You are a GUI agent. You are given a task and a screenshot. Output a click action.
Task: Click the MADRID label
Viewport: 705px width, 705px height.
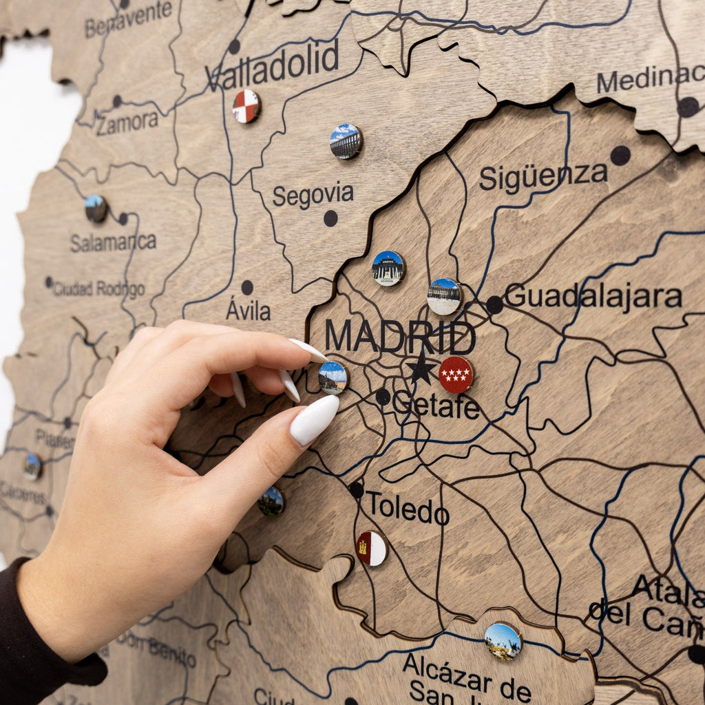pos(399,337)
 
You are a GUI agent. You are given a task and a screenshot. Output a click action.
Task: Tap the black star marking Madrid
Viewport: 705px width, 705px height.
pos(420,370)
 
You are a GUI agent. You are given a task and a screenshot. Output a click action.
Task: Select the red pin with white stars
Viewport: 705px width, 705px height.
pos(456,375)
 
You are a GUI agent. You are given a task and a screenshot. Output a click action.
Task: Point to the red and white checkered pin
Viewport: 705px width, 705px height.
pos(246,106)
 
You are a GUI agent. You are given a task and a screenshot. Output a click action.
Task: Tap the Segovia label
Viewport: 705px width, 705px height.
pos(313,196)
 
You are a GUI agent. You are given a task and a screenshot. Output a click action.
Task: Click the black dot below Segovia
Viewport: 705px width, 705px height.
pos(330,218)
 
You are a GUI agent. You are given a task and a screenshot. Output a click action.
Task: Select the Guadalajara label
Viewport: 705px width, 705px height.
pos(593,297)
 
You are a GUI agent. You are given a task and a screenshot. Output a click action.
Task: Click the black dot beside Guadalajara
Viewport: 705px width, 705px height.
pos(494,304)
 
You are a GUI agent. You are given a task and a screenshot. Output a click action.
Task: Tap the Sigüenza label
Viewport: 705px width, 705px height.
pos(543,177)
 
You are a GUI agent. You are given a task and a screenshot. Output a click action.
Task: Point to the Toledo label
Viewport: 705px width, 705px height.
pos(407,509)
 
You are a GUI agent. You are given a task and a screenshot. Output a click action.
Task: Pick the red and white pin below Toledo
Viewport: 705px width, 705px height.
pos(372,549)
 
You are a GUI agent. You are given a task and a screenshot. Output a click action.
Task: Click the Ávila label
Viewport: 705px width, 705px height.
pos(248,311)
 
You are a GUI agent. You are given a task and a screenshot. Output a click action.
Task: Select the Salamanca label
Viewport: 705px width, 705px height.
pos(113,242)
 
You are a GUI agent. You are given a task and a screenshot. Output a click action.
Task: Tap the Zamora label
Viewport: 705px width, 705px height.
pos(127,123)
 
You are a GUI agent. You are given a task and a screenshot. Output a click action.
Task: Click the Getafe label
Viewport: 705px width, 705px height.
pos(435,406)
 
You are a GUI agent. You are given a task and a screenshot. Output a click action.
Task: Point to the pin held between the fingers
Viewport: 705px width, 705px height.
pos(333,377)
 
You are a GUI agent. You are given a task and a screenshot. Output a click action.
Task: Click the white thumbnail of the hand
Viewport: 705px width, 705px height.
pos(314,419)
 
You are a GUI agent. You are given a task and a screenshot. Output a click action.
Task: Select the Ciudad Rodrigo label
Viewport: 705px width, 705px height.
pos(98,289)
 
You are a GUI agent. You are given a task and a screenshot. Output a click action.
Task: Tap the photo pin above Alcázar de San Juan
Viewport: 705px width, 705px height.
pos(503,641)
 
